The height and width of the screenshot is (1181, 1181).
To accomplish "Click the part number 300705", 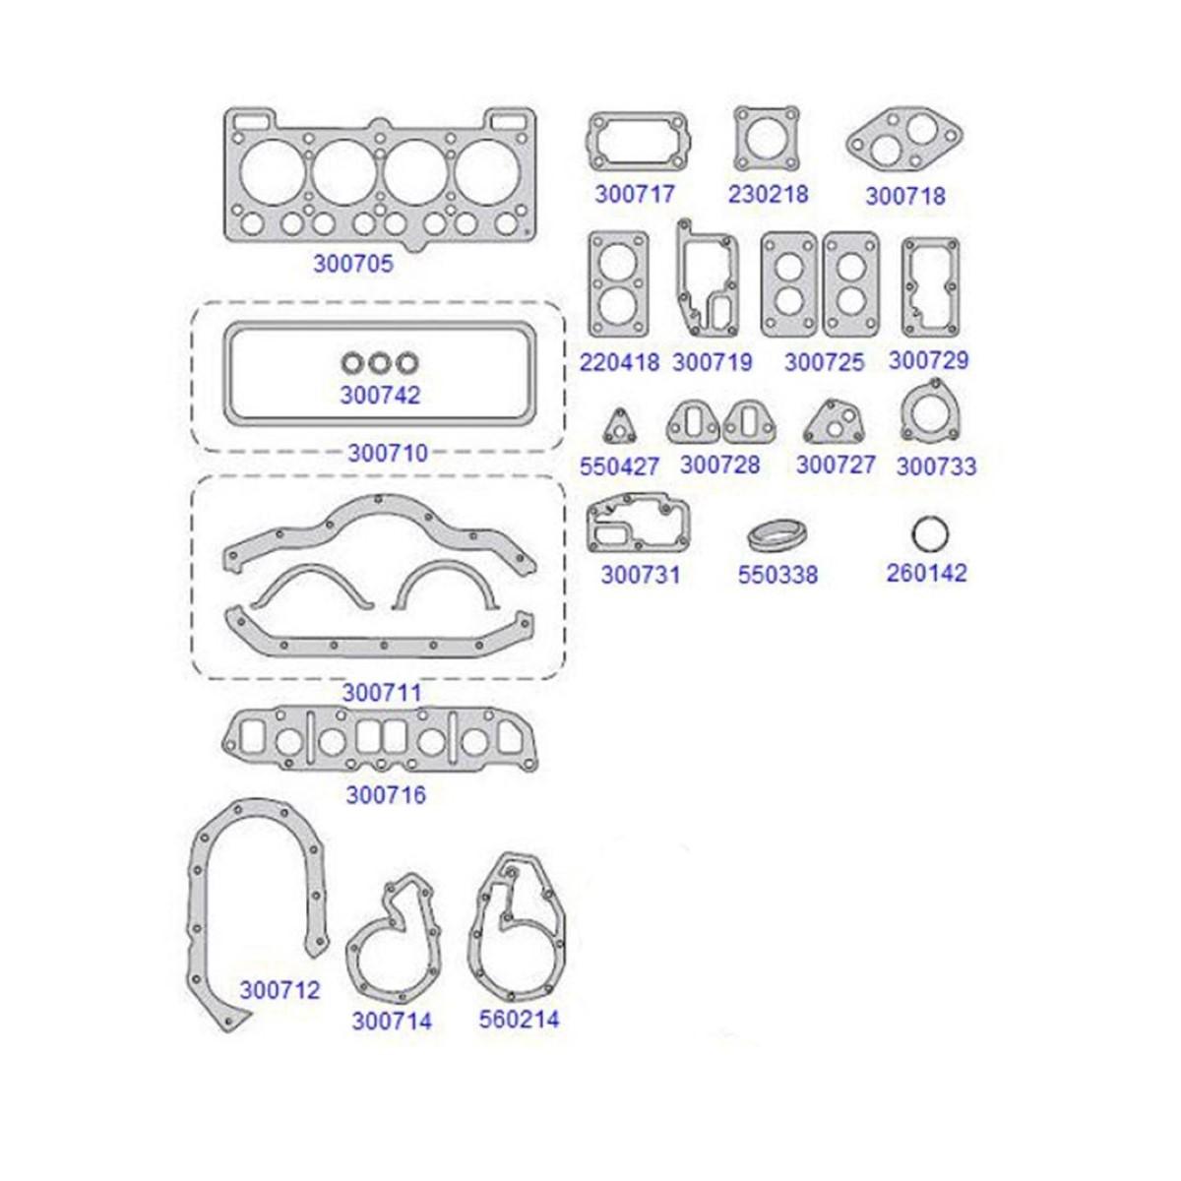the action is (353, 264).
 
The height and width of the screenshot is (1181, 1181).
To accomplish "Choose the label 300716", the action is (386, 795).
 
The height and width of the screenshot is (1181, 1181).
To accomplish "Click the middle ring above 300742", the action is (380, 364).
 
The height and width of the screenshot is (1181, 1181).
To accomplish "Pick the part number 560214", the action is (519, 1020).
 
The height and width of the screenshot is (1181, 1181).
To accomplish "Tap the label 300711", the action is (382, 693).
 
